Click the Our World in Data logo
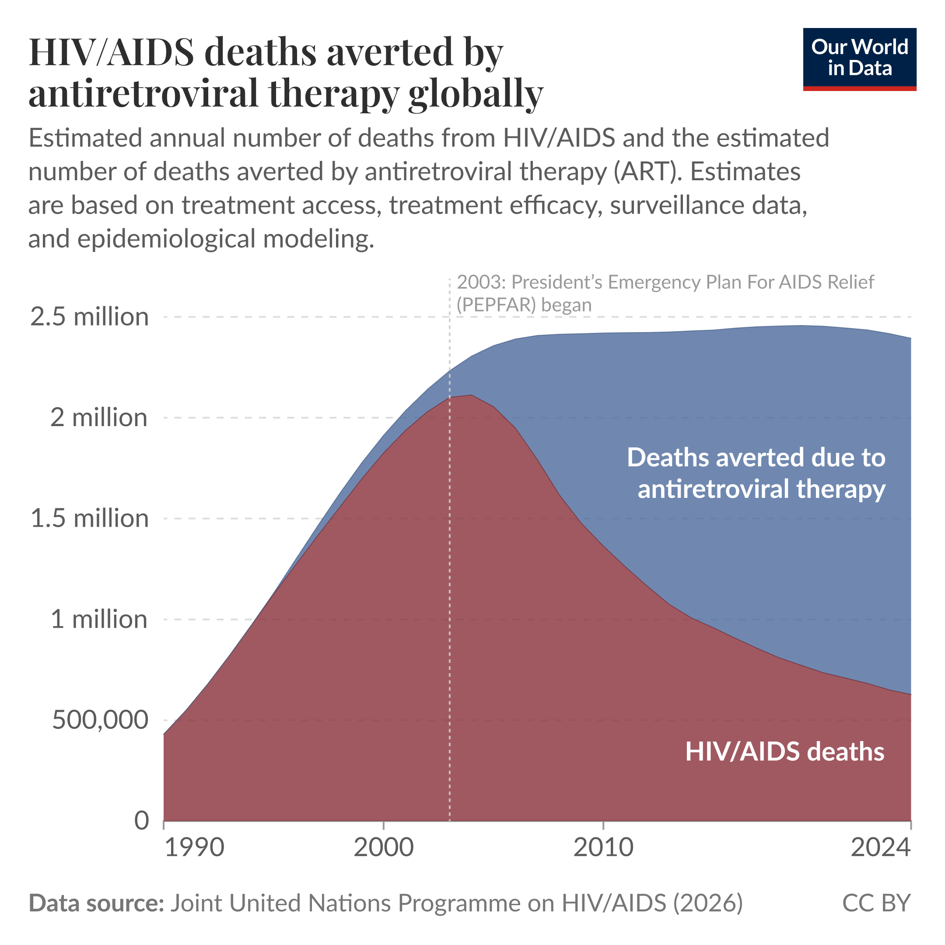[859, 59]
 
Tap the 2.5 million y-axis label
[90, 317]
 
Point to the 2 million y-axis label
[98, 418]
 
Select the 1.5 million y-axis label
[90, 518]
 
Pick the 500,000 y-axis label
[100, 720]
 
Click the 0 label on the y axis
[141, 821]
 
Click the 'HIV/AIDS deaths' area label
[784, 752]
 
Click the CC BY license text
[876, 903]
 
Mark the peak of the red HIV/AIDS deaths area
[471, 395]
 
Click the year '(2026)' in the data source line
[708, 903]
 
